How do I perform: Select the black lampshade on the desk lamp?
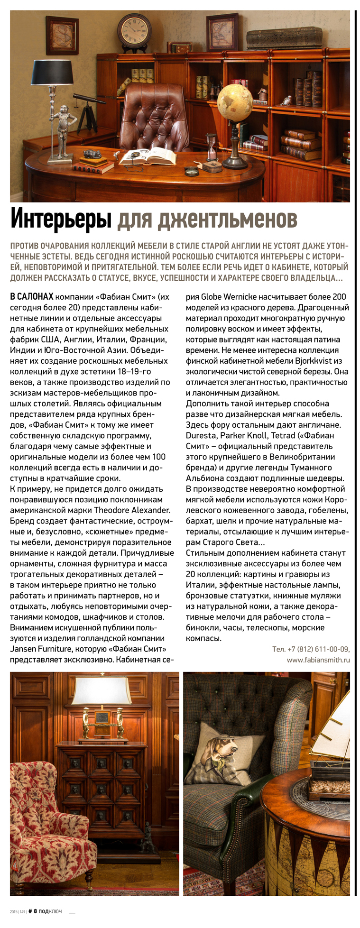click(54, 71)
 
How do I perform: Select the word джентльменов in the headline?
click(207, 220)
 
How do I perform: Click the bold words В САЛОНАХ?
click(31, 297)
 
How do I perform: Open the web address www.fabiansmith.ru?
click(318, 660)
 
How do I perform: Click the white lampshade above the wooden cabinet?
click(101, 690)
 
